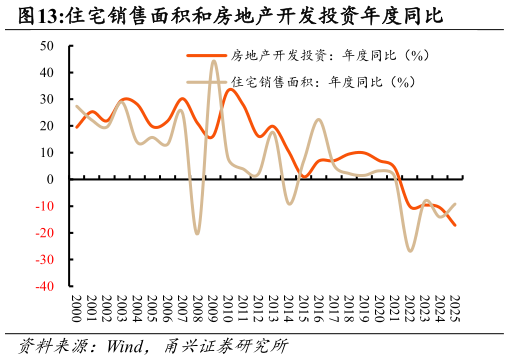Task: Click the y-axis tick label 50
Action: (x=47, y=46)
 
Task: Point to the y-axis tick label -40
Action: (x=45, y=286)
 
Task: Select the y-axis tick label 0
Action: (x=51, y=179)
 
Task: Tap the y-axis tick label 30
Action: (x=47, y=99)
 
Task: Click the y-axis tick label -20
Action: (x=45, y=233)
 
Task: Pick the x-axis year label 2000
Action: (x=76, y=307)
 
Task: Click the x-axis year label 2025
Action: (x=455, y=307)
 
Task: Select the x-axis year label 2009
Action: (x=213, y=307)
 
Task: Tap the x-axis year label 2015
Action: (x=304, y=307)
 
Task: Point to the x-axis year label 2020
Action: (x=379, y=307)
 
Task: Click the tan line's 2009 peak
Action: (x=214, y=61)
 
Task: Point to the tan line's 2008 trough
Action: (x=198, y=233)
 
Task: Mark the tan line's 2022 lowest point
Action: (x=410, y=250)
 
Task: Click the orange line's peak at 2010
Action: (x=229, y=89)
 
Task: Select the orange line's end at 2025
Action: (x=455, y=225)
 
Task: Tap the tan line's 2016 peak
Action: (x=318, y=120)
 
